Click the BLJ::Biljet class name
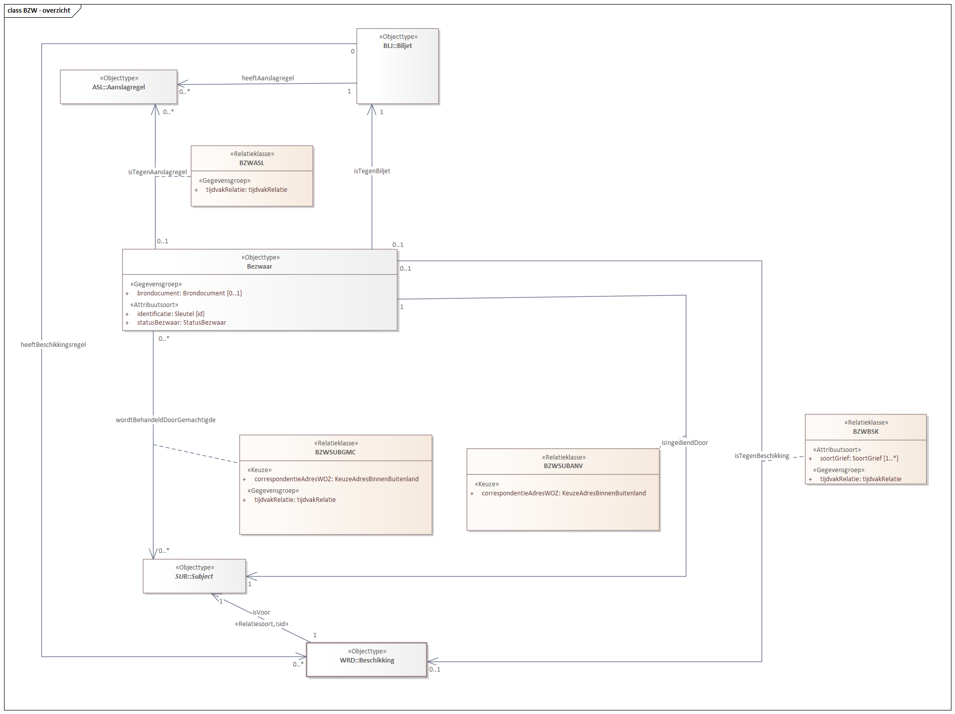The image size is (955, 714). click(x=397, y=46)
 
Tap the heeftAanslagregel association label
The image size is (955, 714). click(x=268, y=78)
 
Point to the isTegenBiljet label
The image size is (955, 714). click(x=372, y=171)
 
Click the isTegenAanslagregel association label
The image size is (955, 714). click(x=157, y=172)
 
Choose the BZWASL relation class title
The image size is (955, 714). click(x=252, y=163)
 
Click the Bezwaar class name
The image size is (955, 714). click(x=259, y=267)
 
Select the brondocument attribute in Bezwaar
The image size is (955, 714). click(x=189, y=293)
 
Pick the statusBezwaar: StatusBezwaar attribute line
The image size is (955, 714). click(x=181, y=323)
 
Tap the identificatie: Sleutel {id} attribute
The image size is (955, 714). click(x=171, y=314)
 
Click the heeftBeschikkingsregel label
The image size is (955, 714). click(x=53, y=345)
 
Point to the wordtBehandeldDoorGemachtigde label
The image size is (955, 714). click(x=165, y=420)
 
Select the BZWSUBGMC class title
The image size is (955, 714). click(x=335, y=452)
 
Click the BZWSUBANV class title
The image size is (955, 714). click(x=563, y=466)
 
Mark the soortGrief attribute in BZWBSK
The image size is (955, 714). click(x=859, y=458)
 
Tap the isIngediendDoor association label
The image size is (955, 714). click(x=684, y=443)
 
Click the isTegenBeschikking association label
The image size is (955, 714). click(x=762, y=456)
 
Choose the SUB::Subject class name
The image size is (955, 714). click(x=194, y=577)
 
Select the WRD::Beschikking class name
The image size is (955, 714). click(x=367, y=660)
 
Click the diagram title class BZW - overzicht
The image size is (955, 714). click(x=39, y=11)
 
